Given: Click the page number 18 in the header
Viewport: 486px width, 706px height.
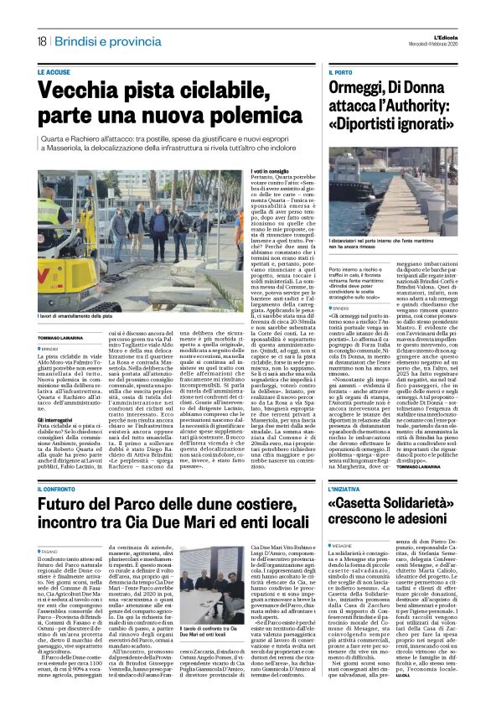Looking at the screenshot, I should click(x=41, y=41).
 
